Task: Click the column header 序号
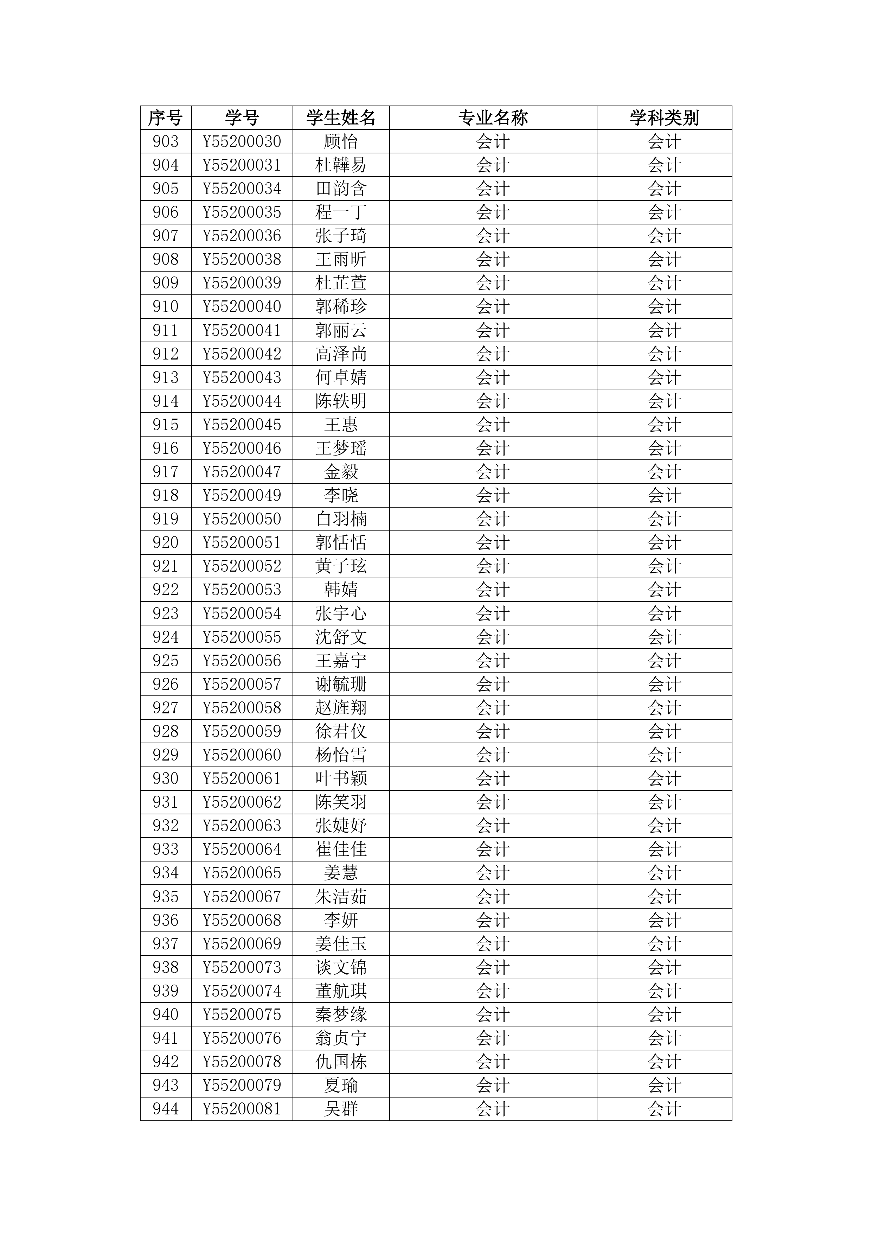click(x=166, y=118)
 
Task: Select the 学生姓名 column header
click(x=341, y=118)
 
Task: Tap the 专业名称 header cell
click(x=493, y=118)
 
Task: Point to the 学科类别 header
click(x=664, y=118)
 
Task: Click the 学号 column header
click(x=242, y=118)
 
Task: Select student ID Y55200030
click(x=242, y=141)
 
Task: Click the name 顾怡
click(x=341, y=141)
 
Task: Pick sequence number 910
click(x=166, y=306)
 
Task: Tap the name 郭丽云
click(x=341, y=330)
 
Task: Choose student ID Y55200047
click(x=242, y=472)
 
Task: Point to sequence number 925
click(x=166, y=661)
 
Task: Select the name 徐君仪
click(x=341, y=731)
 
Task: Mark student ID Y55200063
click(x=242, y=826)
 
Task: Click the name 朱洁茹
click(x=341, y=896)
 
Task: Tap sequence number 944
click(x=166, y=1109)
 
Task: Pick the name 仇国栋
click(x=341, y=1062)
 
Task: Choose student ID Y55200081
click(x=242, y=1109)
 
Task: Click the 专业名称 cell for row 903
click(x=493, y=141)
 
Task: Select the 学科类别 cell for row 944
click(x=664, y=1109)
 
